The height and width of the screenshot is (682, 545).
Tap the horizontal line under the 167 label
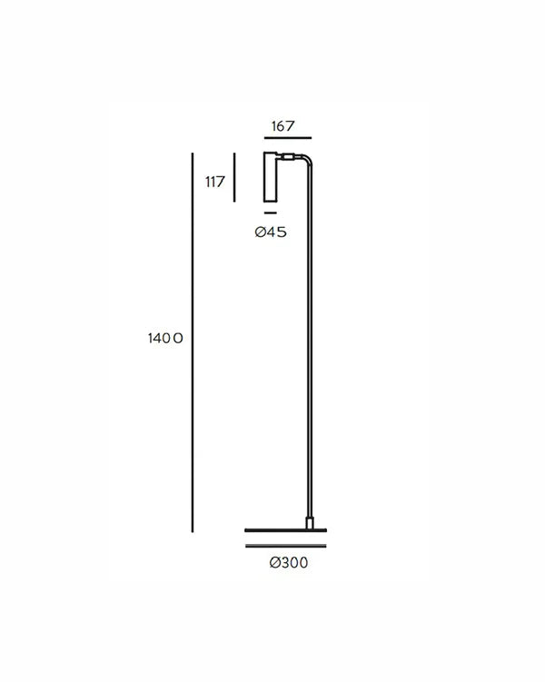pyautogui.click(x=287, y=138)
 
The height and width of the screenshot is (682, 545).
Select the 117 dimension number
pyautogui.click(x=214, y=182)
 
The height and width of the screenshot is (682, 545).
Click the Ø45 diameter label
pyautogui.click(x=272, y=232)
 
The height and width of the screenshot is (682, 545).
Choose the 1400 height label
pyautogui.click(x=166, y=339)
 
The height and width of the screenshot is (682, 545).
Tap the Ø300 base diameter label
pyautogui.click(x=289, y=564)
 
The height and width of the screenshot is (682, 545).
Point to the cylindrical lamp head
pyautogui.click(x=271, y=178)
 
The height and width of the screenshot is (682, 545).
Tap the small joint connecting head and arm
pyautogui.click(x=287, y=157)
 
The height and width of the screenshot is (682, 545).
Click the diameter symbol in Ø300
pyautogui.click(x=274, y=564)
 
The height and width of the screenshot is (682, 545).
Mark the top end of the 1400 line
pyautogui.click(x=193, y=154)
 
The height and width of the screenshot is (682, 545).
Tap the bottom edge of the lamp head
pyautogui.click(x=271, y=203)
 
